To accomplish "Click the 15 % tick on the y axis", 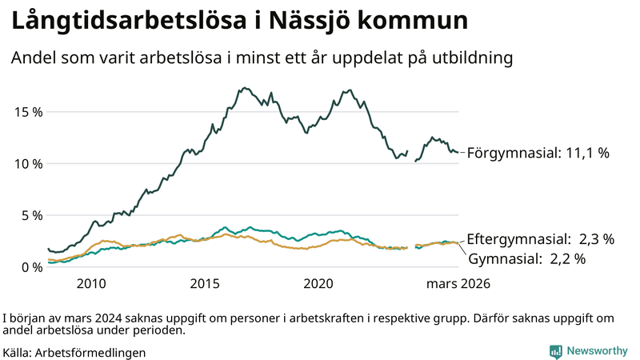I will pyautogui.click(x=28, y=111).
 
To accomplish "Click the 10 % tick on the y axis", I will pyautogui.click(x=28, y=163).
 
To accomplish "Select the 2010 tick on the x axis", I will pyautogui.click(x=90, y=284).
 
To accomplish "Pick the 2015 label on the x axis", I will pyautogui.click(x=205, y=284).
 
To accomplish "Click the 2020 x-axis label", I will pyautogui.click(x=319, y=284).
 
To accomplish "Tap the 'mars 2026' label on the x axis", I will pyautogui.click(x=458, y=284).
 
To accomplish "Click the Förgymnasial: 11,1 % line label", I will pyautogui.click(x=538, y=152).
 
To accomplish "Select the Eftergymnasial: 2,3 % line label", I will pyautogui.click(x=540, y=238).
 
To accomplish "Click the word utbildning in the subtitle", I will pyautogui.click(x=472, y=58).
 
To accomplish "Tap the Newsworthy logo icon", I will pyautogui.click(x=555, y=351).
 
